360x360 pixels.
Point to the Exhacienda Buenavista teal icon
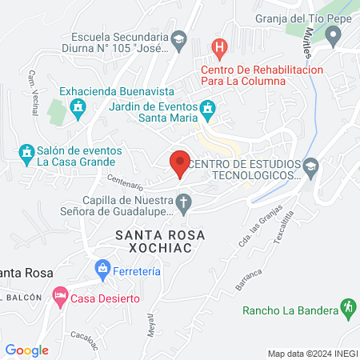click(x=78, y=106)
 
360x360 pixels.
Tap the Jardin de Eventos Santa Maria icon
click(x=207, y=106)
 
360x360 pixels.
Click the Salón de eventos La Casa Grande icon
click(x=26, y=151)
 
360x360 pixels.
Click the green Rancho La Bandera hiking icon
click(x=347, y=306)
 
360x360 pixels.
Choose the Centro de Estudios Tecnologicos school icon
click(x=311, y=166)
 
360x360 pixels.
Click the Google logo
click(x=26, y=350)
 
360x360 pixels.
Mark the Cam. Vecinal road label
click(x=33, y=92)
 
